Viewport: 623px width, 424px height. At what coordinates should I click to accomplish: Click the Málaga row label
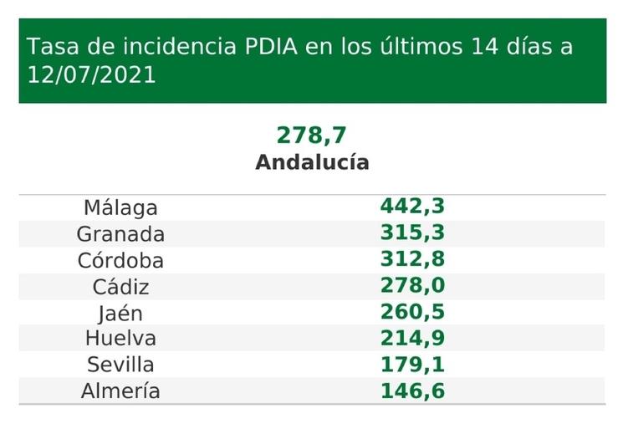(x=120, y=207)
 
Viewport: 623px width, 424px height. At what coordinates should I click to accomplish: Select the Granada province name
(x=120, y=233)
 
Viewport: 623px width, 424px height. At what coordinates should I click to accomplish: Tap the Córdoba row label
(x=120, y=260)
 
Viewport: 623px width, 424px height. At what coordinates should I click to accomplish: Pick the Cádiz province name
(x=120, y=287)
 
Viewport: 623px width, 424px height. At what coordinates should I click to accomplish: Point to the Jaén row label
(x=120, y=313)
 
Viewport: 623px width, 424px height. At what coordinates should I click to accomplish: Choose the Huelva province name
(x=120, y=339)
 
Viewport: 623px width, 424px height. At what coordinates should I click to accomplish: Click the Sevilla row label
(x=120, y=365)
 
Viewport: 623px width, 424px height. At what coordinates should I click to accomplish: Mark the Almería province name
(x=120, y=391)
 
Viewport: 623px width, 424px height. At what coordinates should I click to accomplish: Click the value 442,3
(x=412, y=207)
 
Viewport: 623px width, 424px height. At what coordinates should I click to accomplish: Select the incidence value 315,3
(x=412, y=233)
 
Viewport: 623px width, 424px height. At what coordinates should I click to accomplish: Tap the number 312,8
(x=412, y=260)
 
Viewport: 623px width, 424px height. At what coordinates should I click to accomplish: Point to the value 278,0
(x=412, y=286)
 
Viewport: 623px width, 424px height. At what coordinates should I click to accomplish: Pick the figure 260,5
(x=412, y=313)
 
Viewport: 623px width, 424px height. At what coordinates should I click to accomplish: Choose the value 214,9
(x=412, y=339)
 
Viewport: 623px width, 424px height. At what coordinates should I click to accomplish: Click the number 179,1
(x=412, y=365)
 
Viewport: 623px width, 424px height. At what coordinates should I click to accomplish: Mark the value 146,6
(x=412, y=391)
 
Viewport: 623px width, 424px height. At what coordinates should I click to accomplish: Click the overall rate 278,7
(x=311, y=135)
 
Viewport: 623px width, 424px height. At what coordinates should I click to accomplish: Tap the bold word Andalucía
(x=312, y=161)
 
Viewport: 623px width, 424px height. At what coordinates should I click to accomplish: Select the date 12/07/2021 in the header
(x=91, y=74)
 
